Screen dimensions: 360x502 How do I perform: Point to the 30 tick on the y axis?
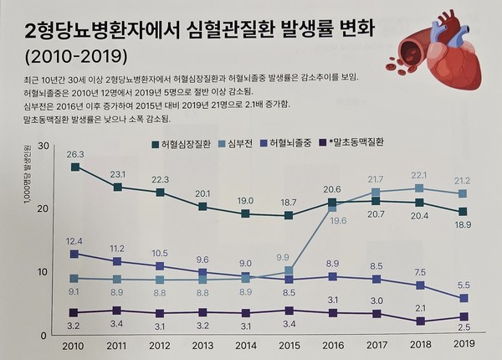[x=42, y=148]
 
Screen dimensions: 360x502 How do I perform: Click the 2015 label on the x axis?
[x=289, y=344]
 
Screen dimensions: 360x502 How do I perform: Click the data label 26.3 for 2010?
[x=75, y=155]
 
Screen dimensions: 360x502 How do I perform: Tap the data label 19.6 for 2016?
[x=337, y=221]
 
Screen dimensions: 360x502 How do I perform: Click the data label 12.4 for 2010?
[x=74, y=241]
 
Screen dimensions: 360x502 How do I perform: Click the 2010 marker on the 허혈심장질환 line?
[x=75, y=167]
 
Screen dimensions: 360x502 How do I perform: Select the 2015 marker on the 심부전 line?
[x=289, y=271]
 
